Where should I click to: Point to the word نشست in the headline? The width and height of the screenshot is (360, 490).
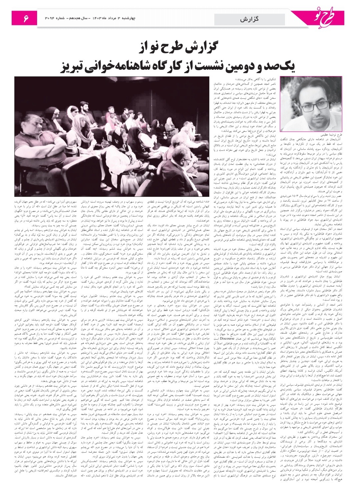[x=219, y=67]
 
